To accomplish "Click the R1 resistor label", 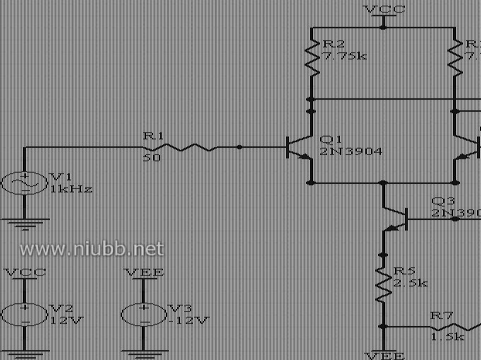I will pyautogui.click(x=153, y=135).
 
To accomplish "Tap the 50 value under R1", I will pyautogui.click(x=152, y=158).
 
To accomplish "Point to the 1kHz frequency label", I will pyautogui.click(x=71, y=189).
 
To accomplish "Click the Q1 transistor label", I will pyautogui.click(x=330, y=139).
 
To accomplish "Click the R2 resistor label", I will pyautogui.click(x=334, y=44).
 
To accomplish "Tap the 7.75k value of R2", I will pyautogui.click(x=344, y=55).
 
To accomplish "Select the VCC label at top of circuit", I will pyautogui.click(x=384, y=9).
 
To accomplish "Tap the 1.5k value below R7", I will pyautogui.click(x=446, y=337).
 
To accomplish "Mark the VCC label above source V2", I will pyautogui.click(x=25, y=272).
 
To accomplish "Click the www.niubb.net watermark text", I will pyautogui.click(x=92, y=249).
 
